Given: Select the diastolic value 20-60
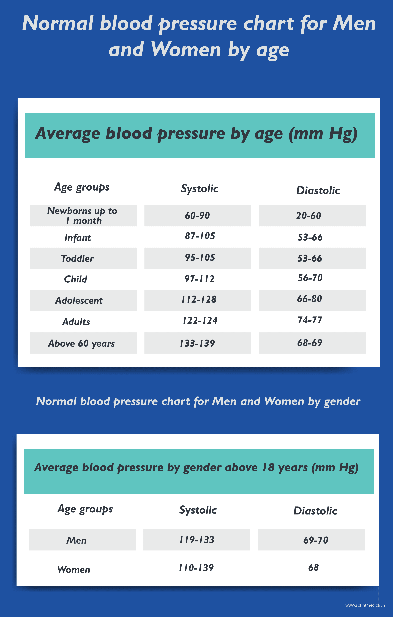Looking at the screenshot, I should tap(309, 216).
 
